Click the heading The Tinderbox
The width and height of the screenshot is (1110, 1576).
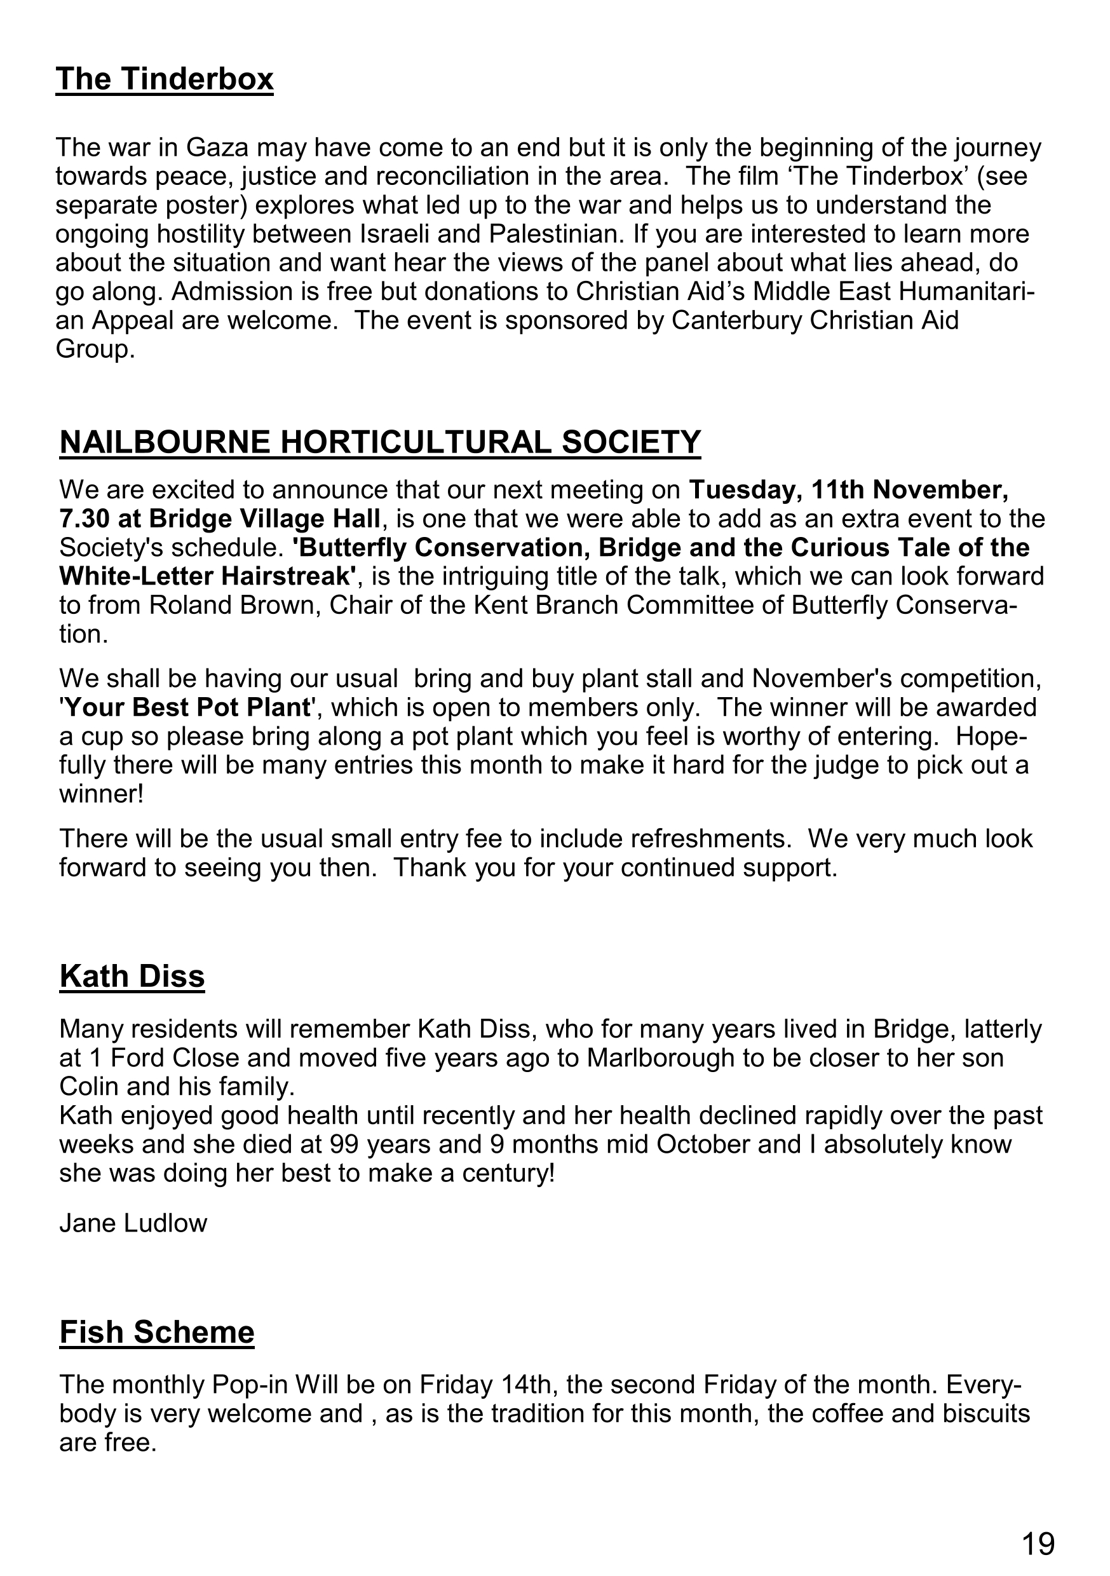point(165,79)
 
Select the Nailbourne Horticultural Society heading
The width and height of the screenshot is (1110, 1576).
point(381,442)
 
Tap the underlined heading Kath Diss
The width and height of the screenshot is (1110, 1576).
point(133,976)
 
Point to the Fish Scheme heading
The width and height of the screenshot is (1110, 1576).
point(157,1333)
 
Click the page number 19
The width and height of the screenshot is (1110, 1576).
point(1038,1544)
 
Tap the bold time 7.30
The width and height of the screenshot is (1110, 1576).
point(85,519)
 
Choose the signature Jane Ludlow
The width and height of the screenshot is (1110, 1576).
point(133,1223)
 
